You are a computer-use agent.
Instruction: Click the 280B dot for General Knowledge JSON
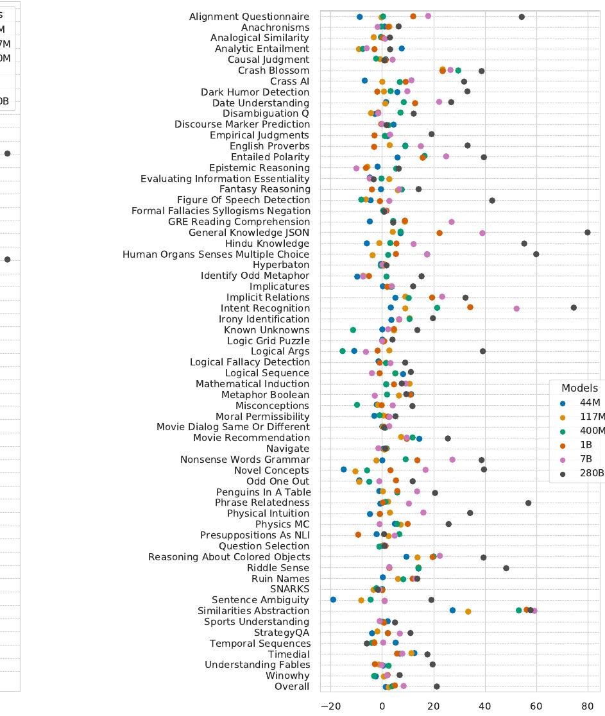(x=588, y=233)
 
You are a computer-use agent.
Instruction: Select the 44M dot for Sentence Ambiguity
(x=333, y=600)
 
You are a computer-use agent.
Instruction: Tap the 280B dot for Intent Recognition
(x=574, y=308)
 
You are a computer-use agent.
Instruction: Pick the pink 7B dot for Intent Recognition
(x=516, y=309)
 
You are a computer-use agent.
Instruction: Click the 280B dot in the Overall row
(x=437, y=687)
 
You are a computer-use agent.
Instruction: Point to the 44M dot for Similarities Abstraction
(x=453, y=611)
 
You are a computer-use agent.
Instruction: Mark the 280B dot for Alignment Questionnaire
(x=522, y=17)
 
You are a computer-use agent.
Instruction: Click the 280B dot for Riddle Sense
(x=506, y=568)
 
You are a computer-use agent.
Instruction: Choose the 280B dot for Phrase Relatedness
(x=528, y=503)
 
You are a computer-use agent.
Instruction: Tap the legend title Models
(x=579, y=388)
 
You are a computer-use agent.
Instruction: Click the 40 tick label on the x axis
(x=485, y=706)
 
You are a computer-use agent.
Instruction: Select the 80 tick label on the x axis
(x=588, y=706)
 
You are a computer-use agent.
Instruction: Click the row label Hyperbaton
(x=280, y=265)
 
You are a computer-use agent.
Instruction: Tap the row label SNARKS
(x=289, y=589)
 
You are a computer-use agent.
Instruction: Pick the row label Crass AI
(x=289, y=81)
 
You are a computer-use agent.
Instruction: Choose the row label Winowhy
(x=287, y=676)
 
